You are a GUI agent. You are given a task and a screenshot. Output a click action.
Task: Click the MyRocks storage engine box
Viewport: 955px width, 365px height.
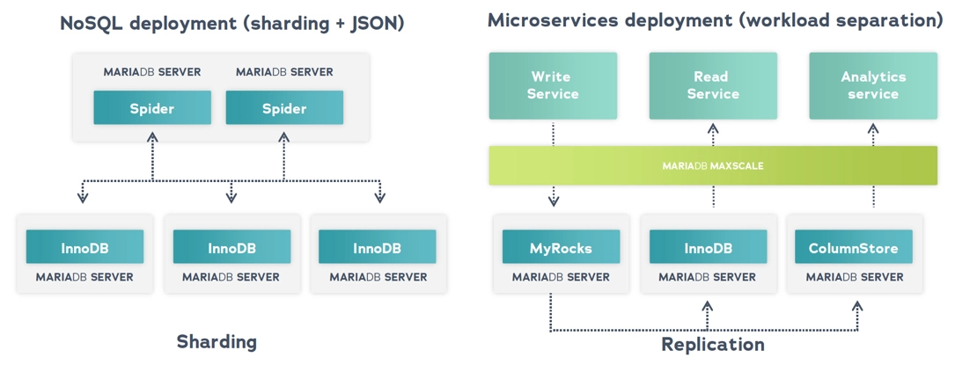click(561, 247)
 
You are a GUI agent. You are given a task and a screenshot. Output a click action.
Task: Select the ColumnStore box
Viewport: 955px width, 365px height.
click(853, 247)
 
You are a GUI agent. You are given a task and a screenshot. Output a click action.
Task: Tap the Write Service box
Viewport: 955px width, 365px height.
click(553, 85)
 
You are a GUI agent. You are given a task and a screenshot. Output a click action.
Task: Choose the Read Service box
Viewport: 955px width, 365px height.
click(713, 85)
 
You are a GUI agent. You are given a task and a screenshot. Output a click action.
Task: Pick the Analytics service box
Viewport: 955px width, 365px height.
click(873, 85)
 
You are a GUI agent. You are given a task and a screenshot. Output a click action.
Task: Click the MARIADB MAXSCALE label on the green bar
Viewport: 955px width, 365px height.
click(713, 165)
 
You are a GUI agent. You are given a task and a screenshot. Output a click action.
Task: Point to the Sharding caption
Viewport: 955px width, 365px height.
click(217, 341)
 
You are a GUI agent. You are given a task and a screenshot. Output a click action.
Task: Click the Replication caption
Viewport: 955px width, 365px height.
click(713, 343)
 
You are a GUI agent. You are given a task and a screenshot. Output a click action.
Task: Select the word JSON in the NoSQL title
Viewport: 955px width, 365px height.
click(373, 24)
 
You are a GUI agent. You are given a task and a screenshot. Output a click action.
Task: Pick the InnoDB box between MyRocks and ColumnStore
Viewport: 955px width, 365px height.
click(708, 247)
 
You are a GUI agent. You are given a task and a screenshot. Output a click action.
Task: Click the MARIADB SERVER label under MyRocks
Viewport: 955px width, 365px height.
click(561, 277)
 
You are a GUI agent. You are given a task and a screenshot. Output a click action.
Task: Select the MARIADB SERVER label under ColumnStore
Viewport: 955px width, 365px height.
click(854, 277)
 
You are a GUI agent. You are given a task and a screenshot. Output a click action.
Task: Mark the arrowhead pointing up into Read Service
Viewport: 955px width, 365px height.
click(713, 128)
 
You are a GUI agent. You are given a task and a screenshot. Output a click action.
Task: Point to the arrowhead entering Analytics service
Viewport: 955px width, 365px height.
click(873, 128)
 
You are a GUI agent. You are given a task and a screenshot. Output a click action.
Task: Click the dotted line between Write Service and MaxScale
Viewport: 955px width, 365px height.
click(553, 134)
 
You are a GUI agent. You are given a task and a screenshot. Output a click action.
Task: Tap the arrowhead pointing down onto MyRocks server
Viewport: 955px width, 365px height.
click(553, 201)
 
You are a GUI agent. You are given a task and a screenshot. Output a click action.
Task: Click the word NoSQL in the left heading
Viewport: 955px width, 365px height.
click(92, 24)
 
